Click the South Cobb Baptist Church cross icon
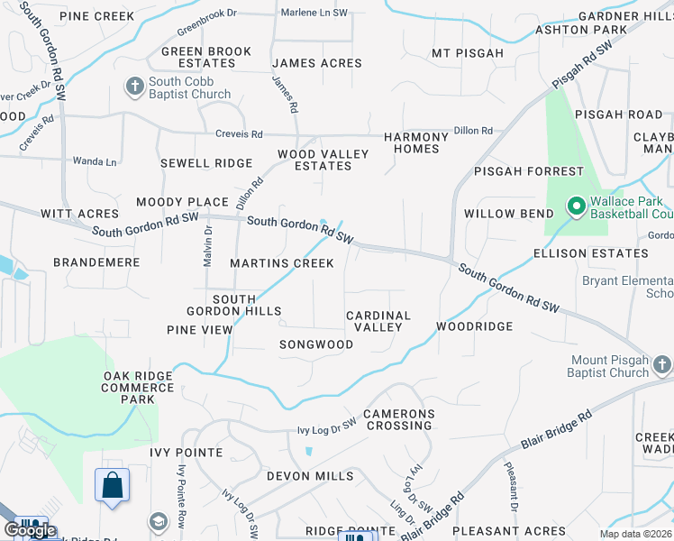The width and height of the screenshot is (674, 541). point(135,87)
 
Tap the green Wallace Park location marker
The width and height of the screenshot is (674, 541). point(576,207)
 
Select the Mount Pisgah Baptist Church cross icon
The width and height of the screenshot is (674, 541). point(661,365)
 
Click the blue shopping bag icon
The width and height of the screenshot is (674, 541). point(112,486)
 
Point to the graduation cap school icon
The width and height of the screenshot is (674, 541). point(159,522)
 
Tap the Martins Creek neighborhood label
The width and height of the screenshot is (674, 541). point(281,263)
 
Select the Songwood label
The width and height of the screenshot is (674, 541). point(315,344)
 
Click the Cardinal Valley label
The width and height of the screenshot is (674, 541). point(378,321)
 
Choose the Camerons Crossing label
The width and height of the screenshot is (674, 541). point(398,419)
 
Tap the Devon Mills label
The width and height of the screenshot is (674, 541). point(311,475)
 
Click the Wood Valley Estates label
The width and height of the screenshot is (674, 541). point(323,160)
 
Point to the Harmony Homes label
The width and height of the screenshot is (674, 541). point(415,142)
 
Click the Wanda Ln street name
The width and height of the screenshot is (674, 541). point(95,161)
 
